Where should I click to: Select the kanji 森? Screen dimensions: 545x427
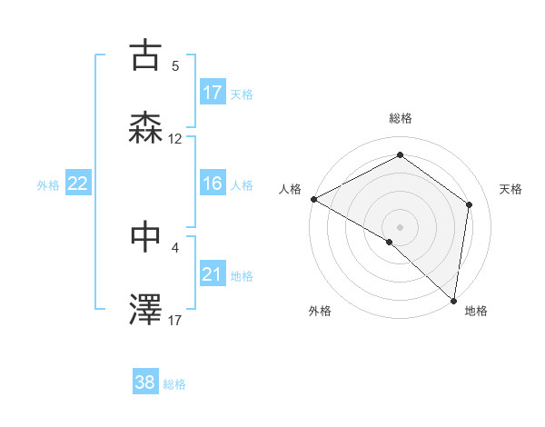[x=146, y=129]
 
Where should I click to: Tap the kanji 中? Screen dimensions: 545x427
[x=146, y=236]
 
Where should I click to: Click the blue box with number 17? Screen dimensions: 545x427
[x=213, y=93]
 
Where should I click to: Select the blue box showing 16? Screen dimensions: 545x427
[x=213, y=184]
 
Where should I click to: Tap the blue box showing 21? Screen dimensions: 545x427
[x=213, y=274]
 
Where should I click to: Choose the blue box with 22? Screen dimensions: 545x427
[x=78, y=184]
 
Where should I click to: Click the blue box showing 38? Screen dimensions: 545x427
[x=145, y=382]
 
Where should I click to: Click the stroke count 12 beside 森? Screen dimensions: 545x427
[x=175, y=139]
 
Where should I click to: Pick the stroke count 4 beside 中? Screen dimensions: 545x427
[x=175, y=246]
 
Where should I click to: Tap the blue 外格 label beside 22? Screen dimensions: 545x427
[x=48, y=184]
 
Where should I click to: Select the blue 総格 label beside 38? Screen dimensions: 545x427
[x=175, y=383]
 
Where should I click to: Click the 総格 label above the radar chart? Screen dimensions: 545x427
[x=401, y=118]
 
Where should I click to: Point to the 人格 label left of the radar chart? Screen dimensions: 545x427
[x=290, y=189]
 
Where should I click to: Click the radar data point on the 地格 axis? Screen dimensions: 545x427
[x=454, y=300]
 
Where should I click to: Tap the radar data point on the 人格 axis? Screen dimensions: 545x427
[x=313, y=198]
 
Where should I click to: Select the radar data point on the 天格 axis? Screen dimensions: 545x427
[x=470, y=204]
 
